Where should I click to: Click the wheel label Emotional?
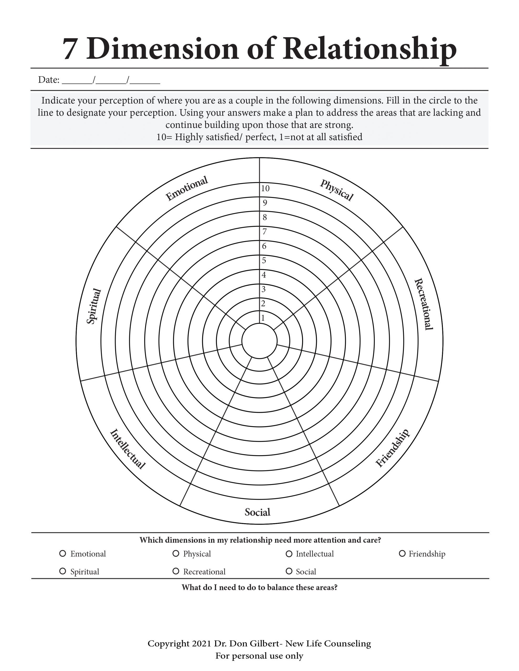pyautogui.click(x=187, y=188)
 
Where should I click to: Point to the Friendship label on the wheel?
pyautogui.click(x=393, y=448)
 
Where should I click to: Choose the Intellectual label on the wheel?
pyautogui.click(x=127, y=449)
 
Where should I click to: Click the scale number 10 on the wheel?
pyautogui.click(x=265, y=188)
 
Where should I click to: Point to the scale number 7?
pyautogui.click(x=264, y=231)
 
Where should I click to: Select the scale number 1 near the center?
pyautogui.click(x=263, y=318)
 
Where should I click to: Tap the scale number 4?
pyautogui.click(x=264, y=275)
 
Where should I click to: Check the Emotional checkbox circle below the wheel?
pyautogui.click(x=63, y=553)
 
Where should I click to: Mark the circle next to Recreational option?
pyautogui.click(x=176, y=571)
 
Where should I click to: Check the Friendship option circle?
pyautogui.click(x=402, y=553)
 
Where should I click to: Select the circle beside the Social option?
pyautogui.click(x=289, y=571)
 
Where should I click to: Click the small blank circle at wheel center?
pyautogui.click(x=259, y=341)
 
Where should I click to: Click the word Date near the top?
pyautogui.click(x=48, y=80)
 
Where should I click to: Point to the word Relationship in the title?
pyautogui.click(x=369, y=49)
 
